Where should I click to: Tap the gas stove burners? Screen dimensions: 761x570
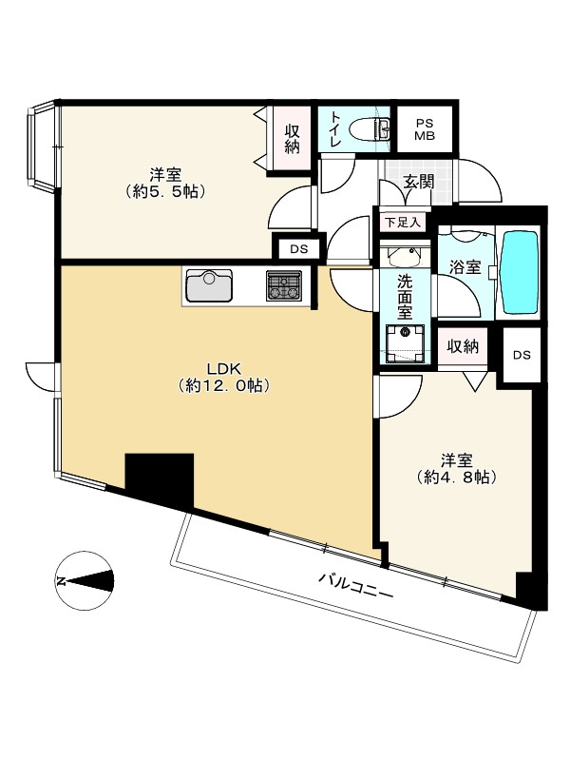point(283,284)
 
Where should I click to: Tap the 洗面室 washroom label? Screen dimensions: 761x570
point(404,296)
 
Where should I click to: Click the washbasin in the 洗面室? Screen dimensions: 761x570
point(405,255)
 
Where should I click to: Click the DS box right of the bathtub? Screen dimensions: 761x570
point(522,355)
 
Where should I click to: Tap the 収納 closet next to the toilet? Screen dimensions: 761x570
point(292,137)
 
